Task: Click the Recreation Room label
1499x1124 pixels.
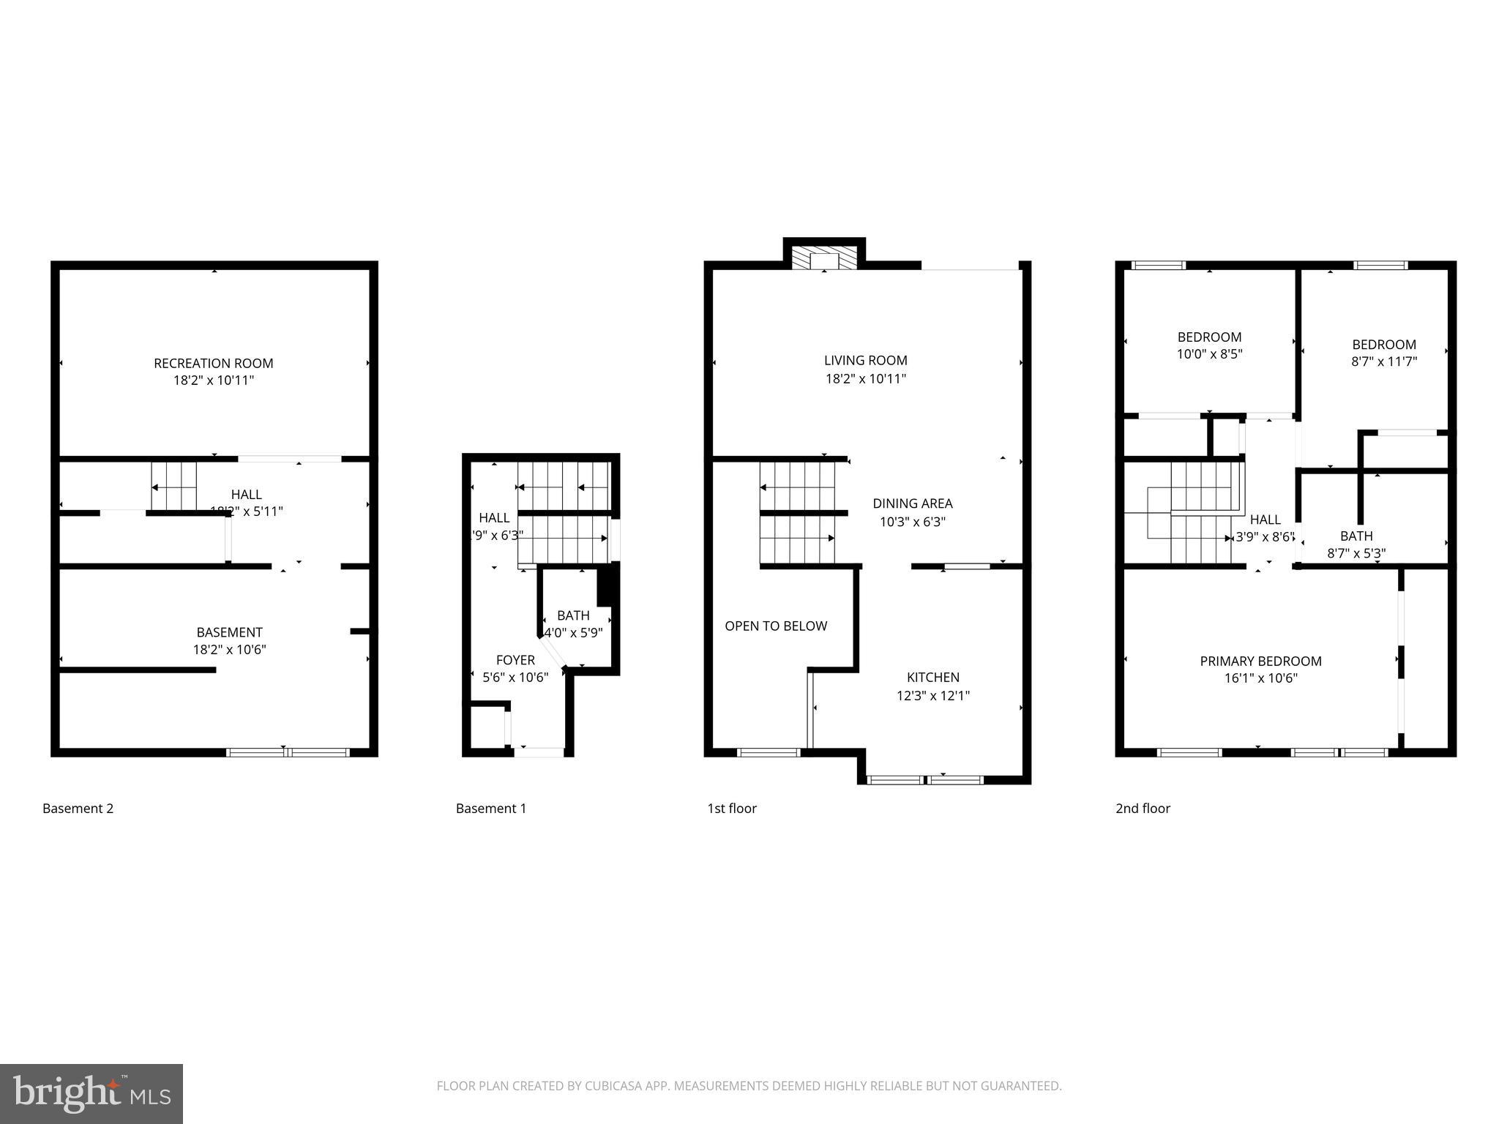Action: tap(213, 363)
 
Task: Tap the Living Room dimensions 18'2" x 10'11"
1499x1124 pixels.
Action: tap(865, 379)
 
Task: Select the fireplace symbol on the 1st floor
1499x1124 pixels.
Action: tap(824, 259)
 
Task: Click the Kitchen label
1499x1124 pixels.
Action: tap(932, 678)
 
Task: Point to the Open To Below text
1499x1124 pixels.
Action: tap(776, 626)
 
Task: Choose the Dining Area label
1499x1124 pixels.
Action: tap(912, 503)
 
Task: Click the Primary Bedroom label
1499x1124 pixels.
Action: tap(1260, 662)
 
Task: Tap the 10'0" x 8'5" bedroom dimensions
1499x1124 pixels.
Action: tap(1209, 354)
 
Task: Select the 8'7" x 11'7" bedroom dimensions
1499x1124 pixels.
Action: tap(1383, 361)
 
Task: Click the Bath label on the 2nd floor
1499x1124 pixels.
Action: tap(1356, 536)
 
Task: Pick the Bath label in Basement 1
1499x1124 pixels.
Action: tap(572, 615)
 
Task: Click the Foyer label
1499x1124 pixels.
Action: tap(515, 660)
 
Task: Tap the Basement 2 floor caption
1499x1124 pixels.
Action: tap(78, 809)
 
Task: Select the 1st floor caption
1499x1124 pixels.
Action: tap(731, 809)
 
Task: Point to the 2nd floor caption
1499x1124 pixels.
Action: tap(1143, 809)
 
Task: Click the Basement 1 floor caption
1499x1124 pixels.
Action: tap(490, 809)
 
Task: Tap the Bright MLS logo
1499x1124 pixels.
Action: tap(91, 1094)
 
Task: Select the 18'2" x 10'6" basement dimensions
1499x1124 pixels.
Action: tap(229, 650)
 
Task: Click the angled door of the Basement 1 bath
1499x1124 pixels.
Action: tap(553, 651)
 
